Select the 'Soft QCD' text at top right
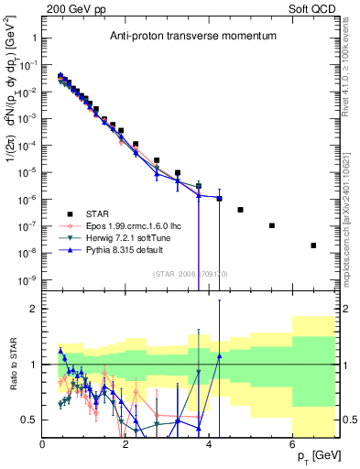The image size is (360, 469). click(x=311, y=8)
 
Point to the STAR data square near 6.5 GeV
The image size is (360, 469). click(x=313, y=245)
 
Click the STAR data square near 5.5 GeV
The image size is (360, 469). click(x=272, y=225)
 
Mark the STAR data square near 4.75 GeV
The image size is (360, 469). click(x=240, y=210)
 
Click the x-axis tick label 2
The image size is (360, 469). click(x=126, y=446)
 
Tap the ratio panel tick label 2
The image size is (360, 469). click(x=34, y=310)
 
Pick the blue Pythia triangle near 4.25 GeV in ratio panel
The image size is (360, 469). click(x=220, y=356)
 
